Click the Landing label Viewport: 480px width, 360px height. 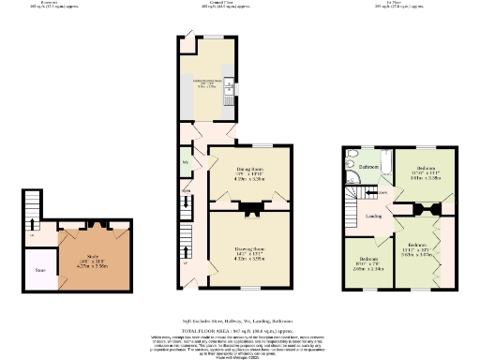[x=373, y=216]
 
